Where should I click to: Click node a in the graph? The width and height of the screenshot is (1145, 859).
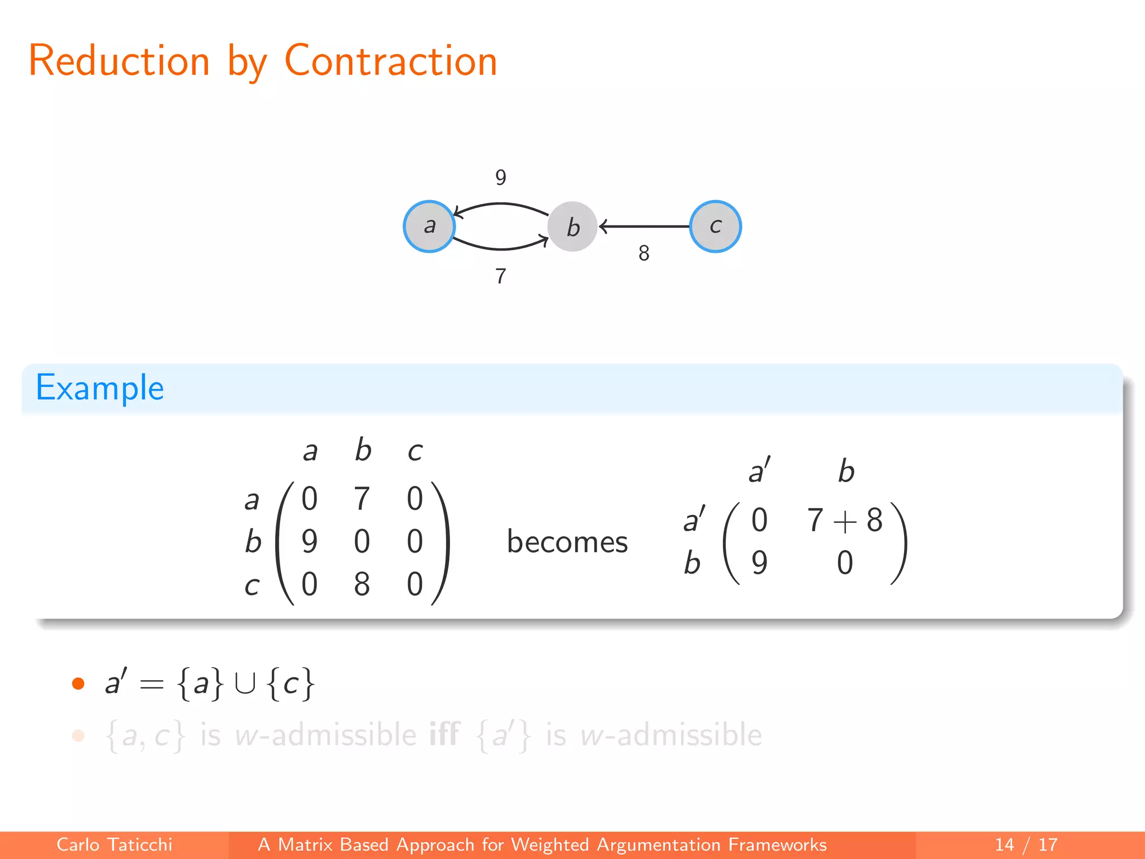429,226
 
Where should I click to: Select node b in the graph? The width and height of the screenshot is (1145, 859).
572,226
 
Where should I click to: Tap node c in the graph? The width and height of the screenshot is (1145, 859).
716,226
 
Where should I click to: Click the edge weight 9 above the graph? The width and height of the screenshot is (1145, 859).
501,178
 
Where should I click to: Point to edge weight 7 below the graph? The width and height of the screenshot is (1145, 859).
501,276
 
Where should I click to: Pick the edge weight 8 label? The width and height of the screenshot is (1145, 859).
644,253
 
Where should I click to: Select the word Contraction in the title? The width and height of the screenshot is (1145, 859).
391,61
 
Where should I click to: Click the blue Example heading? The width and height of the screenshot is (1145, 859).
100,388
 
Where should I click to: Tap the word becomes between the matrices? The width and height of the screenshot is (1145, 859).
567,542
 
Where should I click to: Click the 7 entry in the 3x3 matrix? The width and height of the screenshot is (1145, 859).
362,498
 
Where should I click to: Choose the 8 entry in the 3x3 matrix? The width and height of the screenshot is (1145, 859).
362,584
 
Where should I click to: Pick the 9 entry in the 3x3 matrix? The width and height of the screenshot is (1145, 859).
309,541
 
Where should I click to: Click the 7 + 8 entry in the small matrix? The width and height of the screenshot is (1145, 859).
845,520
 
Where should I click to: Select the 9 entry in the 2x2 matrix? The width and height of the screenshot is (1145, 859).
759,563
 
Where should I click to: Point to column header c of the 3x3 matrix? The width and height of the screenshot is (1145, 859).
415,451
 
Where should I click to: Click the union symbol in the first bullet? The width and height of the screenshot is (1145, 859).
245,683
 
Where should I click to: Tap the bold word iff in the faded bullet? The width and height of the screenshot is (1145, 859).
444,734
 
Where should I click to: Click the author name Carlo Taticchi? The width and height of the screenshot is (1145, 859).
115,844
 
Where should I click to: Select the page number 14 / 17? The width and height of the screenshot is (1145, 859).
1026,844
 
